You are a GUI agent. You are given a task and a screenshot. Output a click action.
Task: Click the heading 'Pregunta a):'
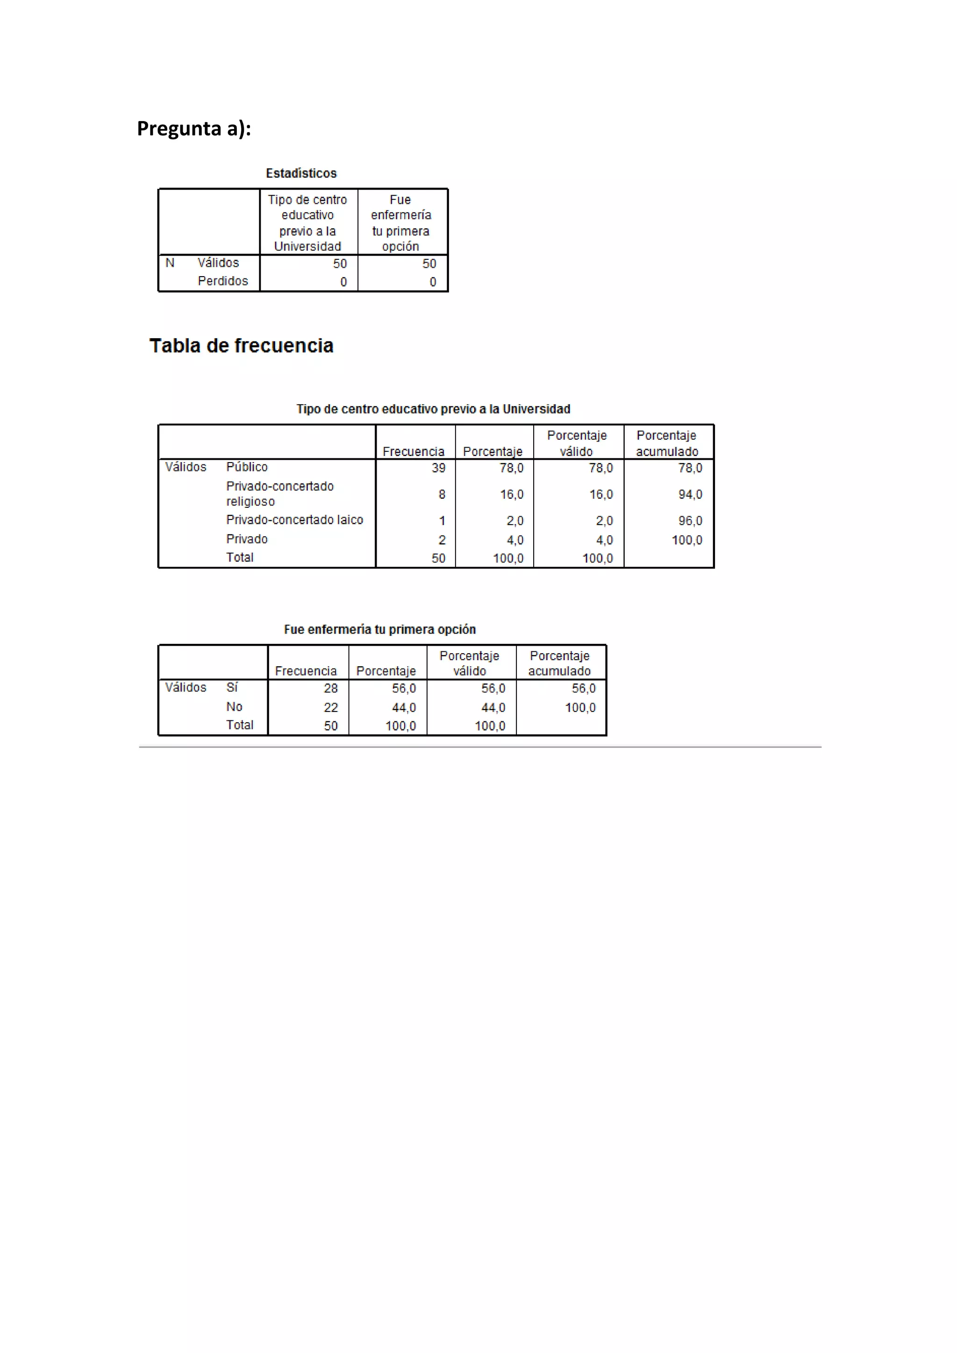194,128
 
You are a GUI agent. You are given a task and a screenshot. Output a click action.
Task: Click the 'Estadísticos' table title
301,173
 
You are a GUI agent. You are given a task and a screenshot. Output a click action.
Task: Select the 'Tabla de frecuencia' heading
241,345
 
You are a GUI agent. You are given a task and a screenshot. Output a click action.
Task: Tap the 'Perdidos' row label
223,281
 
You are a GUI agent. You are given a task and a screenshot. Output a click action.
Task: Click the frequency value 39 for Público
438,468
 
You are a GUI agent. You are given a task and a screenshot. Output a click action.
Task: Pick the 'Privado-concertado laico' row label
295,520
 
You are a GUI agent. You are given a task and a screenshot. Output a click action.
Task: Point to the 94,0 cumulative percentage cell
690,494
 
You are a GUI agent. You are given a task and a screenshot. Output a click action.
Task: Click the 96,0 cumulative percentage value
690,521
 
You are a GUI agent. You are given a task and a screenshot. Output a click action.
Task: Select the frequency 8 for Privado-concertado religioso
442,494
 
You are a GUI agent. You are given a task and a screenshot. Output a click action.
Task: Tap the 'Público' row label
247,467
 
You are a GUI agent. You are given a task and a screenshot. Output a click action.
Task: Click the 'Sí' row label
232,687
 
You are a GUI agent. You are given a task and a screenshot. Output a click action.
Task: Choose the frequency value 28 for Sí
330,688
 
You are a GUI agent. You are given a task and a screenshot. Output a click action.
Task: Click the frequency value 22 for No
330,708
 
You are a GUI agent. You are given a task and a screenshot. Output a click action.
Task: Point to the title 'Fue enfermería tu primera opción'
380,629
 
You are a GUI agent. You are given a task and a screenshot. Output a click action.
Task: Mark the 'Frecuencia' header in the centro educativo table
414,451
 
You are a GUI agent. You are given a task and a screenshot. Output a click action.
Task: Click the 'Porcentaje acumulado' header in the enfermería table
560,663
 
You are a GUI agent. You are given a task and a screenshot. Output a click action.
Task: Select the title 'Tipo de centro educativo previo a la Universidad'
433,409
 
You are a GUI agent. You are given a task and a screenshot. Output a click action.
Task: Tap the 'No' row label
234,706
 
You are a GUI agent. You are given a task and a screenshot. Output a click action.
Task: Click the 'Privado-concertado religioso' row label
280,494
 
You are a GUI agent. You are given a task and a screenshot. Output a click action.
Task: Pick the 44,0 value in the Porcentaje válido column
493,708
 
